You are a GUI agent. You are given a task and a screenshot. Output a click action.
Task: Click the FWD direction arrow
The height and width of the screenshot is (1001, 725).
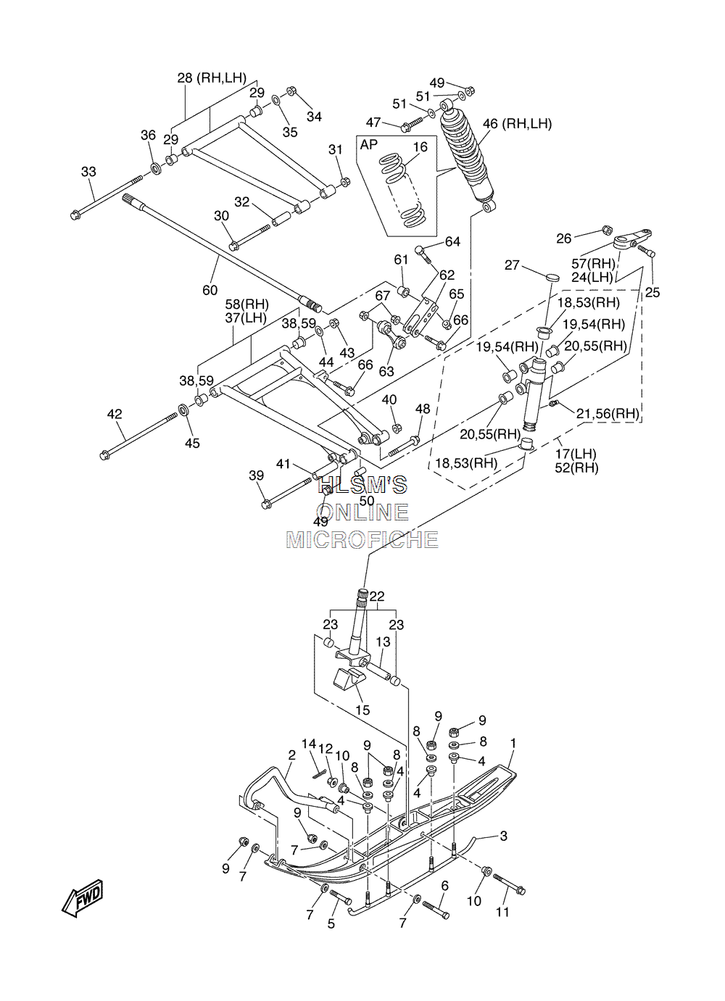(x=83, y=899)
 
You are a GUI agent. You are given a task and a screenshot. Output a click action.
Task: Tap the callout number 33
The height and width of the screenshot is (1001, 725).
(x=88, y=172)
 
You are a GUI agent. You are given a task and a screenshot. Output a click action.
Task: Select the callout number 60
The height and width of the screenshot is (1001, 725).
(x=210, y=290)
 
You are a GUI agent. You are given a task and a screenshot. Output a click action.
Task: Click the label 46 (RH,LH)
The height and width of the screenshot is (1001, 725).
(x=517, y=124)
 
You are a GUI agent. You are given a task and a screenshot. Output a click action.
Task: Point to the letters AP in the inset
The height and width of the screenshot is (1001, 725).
(x=369, y=144)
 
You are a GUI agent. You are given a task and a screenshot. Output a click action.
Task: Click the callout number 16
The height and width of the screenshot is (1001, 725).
(x=420, y=147)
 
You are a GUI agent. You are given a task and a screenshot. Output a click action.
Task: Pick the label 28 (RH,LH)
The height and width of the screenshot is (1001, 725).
(x=212, y=78)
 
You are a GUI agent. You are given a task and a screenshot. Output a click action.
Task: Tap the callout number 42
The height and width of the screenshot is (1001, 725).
(x=115, y=414)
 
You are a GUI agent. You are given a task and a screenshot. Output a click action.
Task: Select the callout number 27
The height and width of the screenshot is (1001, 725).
(x=512, y=265)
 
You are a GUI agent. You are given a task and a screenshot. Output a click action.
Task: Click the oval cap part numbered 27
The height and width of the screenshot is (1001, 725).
(x=553, y=276)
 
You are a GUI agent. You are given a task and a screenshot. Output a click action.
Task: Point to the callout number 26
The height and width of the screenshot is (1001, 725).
(x=563, y=238)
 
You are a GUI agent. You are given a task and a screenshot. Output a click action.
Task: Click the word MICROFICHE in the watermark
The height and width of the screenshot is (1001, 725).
(x=362, y=539)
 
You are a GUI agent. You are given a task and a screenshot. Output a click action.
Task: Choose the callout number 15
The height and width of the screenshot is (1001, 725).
(x=362, y=710)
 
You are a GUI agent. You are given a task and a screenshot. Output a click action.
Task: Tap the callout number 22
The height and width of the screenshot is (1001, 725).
(x=376, y=596)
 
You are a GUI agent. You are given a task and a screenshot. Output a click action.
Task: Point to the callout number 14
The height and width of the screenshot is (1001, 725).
(x=309, y=744)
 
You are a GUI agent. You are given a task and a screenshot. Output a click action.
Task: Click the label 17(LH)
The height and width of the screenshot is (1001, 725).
(x=576, y=454)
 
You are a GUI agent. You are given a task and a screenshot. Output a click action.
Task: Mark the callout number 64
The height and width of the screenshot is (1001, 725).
(x=452, y=242)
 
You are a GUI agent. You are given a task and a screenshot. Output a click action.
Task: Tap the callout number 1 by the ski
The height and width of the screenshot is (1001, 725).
(x=513, y=743)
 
